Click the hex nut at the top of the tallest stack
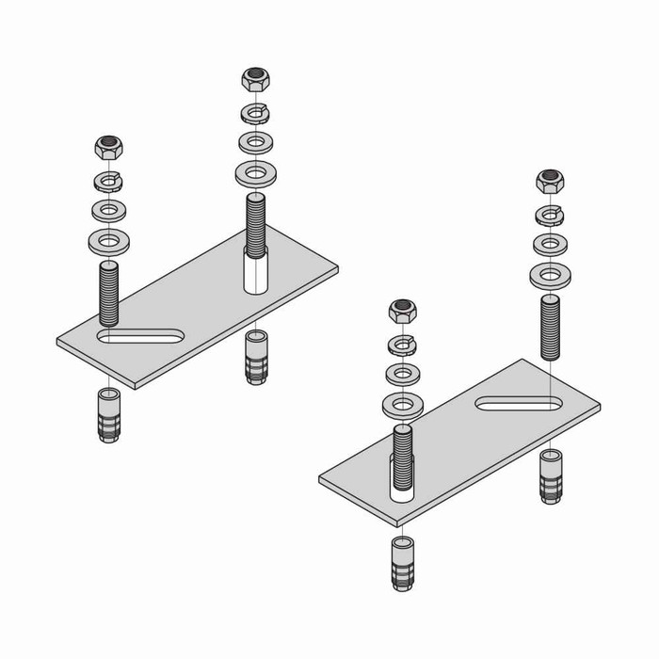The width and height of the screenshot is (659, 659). pos(254,79)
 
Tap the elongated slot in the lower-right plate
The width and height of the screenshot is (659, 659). pos(520,403)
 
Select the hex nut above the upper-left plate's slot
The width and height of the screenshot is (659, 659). pos(109,149)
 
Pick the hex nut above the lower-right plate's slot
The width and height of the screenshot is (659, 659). pos(550,181)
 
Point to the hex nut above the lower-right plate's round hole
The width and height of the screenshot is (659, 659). pos(404,310)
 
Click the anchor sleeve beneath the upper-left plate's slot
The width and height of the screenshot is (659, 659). pos(109,414)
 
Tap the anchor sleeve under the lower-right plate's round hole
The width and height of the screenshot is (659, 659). pos(403,562)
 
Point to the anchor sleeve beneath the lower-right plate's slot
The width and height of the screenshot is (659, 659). pos(551,475)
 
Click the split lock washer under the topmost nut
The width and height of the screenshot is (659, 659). pos(254,113)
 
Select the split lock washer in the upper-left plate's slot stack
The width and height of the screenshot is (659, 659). pos(109,180)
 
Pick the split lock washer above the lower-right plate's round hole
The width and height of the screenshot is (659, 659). pos(403,343)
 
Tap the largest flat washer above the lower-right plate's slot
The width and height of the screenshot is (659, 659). pos(550,277)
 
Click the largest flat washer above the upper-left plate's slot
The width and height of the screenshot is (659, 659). pos(109,242)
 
